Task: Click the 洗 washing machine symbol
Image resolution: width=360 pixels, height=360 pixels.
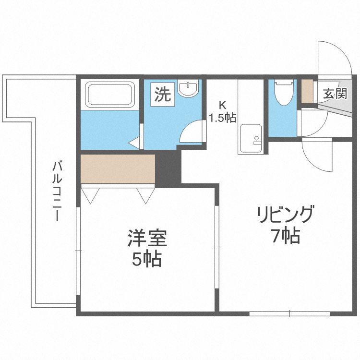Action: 162,94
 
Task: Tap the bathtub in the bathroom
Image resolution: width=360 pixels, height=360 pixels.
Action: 109,95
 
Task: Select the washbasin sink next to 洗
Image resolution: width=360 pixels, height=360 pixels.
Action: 187,88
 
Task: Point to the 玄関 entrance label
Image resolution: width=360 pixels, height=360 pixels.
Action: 335,94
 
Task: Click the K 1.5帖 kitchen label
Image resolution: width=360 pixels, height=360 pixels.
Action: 222,111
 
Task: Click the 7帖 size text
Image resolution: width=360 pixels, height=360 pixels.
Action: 286,236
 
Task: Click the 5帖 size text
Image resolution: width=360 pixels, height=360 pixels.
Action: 147,260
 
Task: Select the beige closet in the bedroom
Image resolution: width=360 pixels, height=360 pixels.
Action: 117,168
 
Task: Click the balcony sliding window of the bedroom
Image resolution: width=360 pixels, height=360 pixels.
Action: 77,250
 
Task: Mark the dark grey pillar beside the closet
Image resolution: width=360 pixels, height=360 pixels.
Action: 168,168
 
